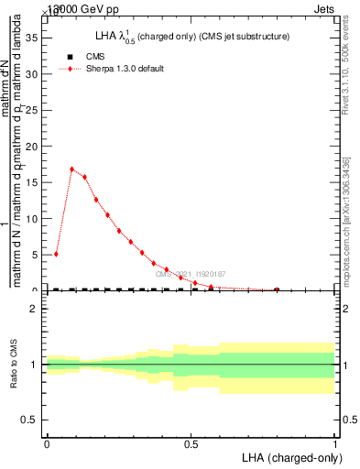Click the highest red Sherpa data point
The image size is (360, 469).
point(72,169)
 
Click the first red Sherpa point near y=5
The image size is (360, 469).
point(56,254)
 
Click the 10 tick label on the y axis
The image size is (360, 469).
point(36,218)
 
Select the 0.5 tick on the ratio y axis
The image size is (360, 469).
point(34,420)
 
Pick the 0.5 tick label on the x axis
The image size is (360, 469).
point(191,443)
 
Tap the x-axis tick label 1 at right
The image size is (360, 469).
point(335,443)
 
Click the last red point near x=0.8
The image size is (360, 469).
point(277,289)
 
